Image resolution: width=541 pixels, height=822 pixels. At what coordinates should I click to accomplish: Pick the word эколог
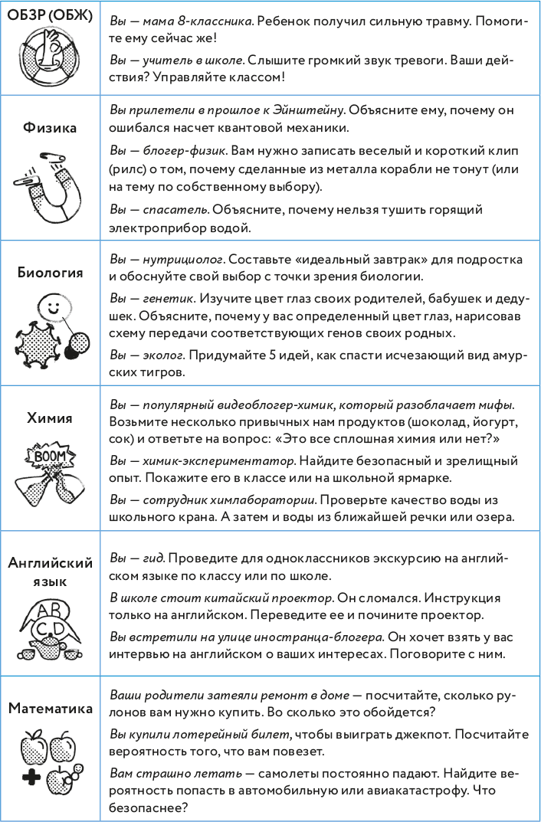pos(164,355)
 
